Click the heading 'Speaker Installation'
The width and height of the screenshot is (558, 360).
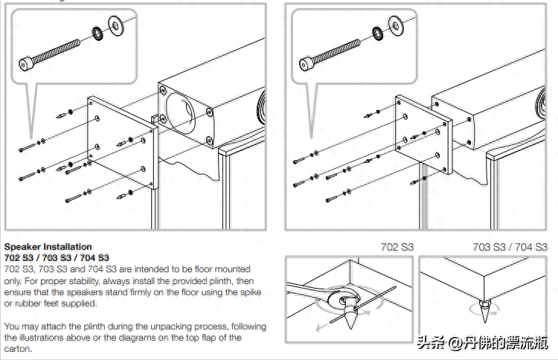coord(48,247)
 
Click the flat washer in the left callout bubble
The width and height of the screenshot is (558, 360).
coord(116,22)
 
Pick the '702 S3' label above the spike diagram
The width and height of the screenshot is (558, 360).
coord(397,247)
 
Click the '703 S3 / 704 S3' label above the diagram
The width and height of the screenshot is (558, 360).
coord(510,247)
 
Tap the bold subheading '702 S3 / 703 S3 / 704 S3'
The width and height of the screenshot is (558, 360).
coord(57,257)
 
